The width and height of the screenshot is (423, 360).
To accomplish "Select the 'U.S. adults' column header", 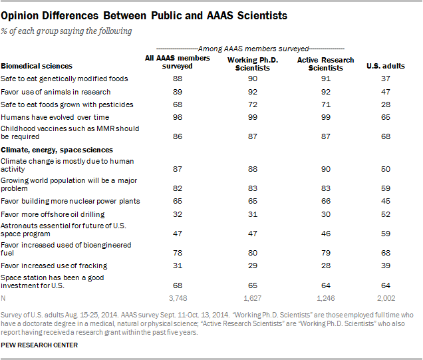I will (386, 67).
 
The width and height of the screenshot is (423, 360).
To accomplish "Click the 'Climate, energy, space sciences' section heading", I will (57, 150).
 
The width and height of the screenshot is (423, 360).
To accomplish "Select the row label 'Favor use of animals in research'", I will (55, 91).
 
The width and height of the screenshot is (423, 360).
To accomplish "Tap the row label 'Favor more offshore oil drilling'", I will (53, 214).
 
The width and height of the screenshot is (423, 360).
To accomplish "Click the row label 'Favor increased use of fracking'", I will (53, 266).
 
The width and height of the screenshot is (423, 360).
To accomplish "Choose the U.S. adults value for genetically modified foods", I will (386, 79).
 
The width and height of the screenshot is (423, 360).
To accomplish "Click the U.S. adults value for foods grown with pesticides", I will (386, 104).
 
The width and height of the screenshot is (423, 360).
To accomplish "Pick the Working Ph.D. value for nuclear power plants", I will (250, 202).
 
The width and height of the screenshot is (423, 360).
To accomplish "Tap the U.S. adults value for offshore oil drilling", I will (386, 214).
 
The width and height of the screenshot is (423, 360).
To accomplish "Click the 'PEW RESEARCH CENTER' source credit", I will (40, 345).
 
